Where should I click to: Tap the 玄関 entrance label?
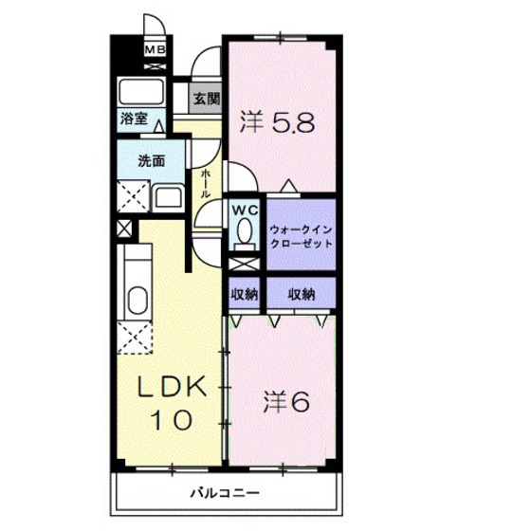click(207, 97)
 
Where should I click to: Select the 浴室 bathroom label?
click(133, 119)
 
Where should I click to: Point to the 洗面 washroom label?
click(152, 160)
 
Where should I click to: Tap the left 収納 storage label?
click(245, 294)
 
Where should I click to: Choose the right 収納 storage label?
click(302, 294)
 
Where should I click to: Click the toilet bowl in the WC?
click(246, 230)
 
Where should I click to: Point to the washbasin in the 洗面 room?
click(168, 198)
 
